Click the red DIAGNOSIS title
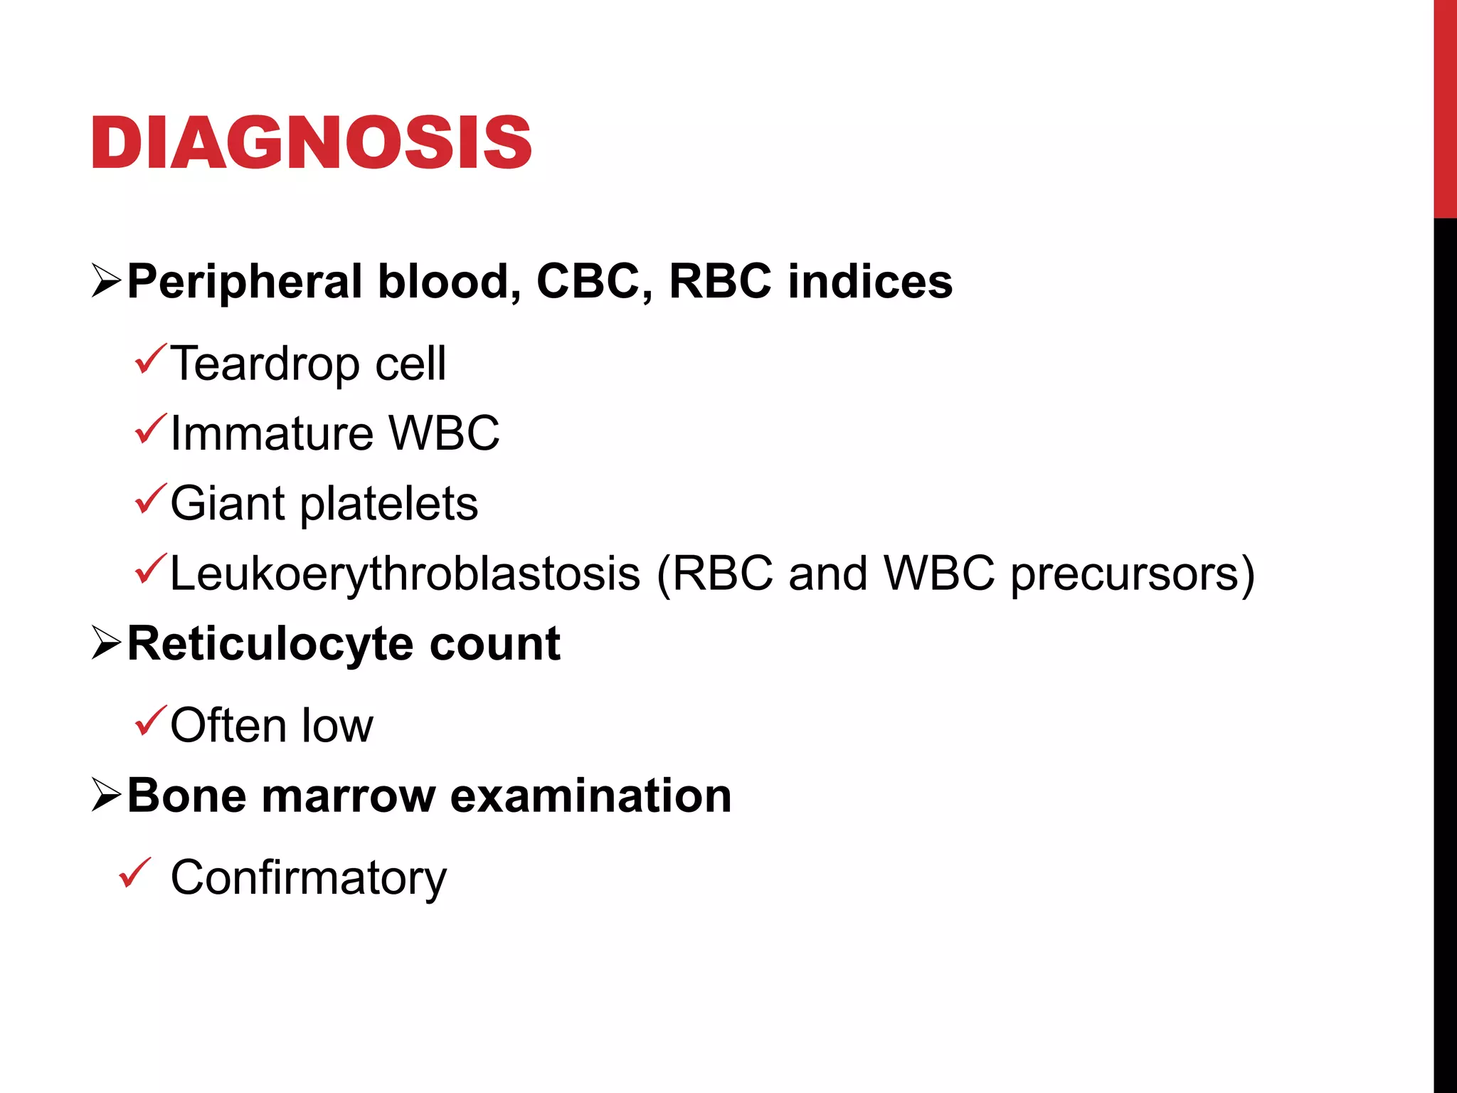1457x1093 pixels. pyautogui.click(x=311, y=143)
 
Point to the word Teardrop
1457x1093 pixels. pyautogui.click(x=265, y=364)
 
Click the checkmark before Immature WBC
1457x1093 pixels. pyautogui.click(x=150, y=429)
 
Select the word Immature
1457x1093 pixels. pyautogui.click(x=272, y=433)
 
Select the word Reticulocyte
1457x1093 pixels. pyautogui.click(x=270, y=644)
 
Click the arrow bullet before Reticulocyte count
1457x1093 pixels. pyautogui.click(x=106, y=643)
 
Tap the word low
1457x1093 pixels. pyautogui.click(x=337, y=726)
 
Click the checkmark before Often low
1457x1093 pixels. pyautogui.click(x=150, y=720)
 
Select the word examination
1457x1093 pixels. pyautogui.click(x=590, y=796)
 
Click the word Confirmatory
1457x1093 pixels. pyautogui.click(x=308, y=878)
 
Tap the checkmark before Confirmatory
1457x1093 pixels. pyautogui.click(x=134, y=873)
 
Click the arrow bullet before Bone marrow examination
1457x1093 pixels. pyautogui.click(x=106, y=795)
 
